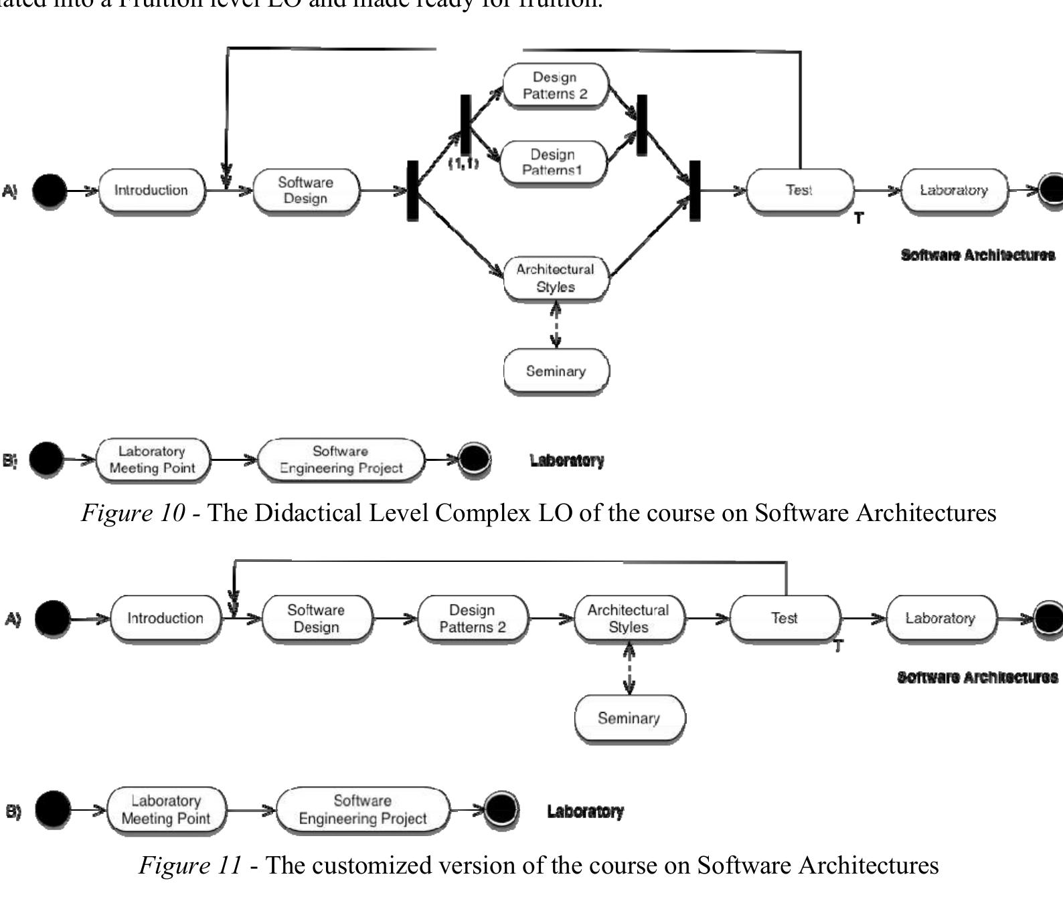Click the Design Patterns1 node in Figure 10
[x=553, y=162]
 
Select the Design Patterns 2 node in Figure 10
[x=555, y=86]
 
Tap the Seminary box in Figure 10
[x=556, y=371]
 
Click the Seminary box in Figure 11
[x=629, y=718]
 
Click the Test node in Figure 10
[x=799, y=191]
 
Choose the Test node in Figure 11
[x=784, y=618]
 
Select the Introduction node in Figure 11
[x=165, y=618]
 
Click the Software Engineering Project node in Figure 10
[x=341, y=460]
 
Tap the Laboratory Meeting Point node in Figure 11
[x=166, y=809]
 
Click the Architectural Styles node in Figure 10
[x=556, y=278]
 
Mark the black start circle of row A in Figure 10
[x=50, y=191]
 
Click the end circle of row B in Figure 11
[x=501, y=809]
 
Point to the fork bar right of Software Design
[x=413, y=191]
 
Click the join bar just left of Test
[x=695, y=191]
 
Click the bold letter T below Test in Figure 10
[x=859, y=218]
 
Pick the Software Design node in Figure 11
[x=316, y=618]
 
